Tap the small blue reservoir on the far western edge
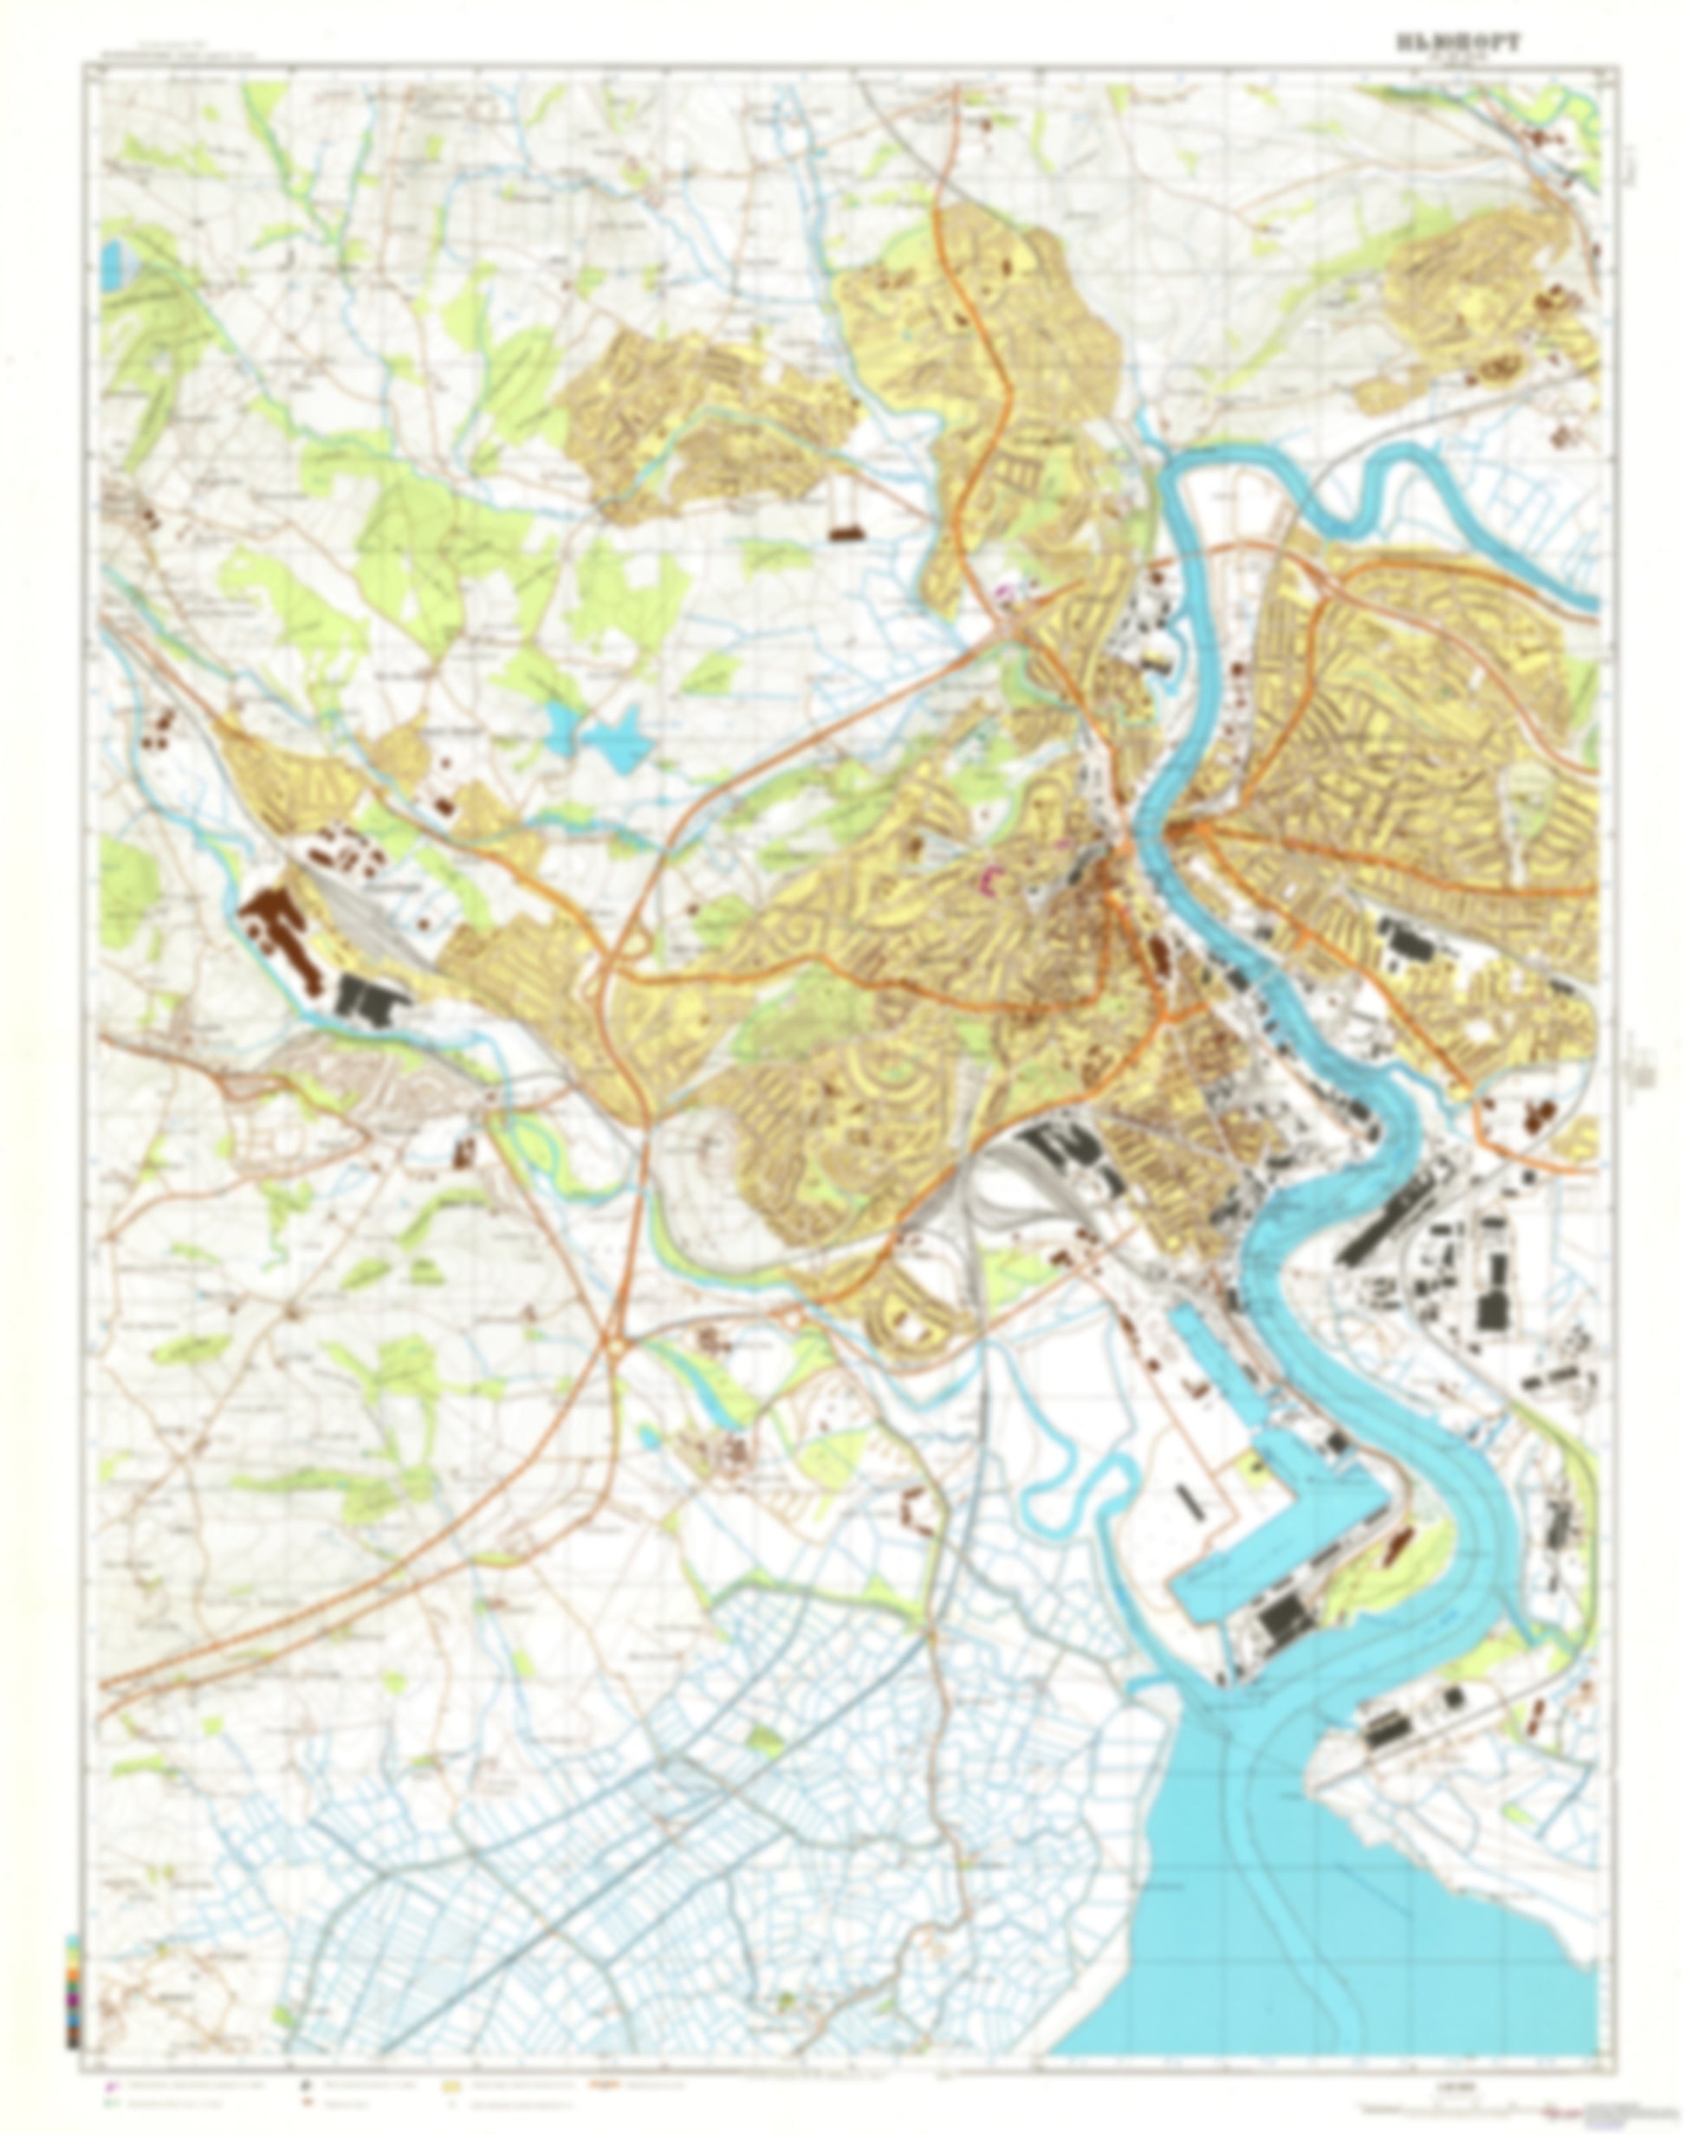click(x=111, y=261)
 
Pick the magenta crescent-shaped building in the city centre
click(x=990, y=874)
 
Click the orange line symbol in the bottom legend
click(x=603, y=2085)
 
